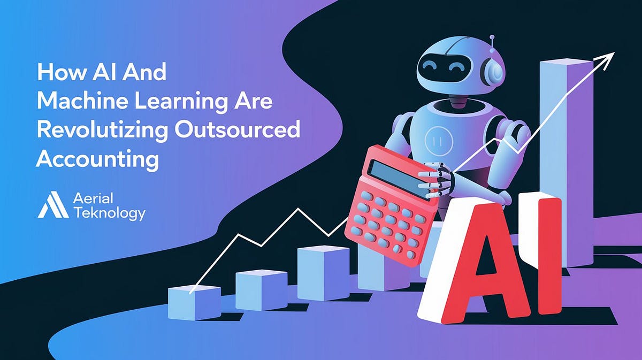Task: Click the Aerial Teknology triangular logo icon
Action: [52, 206]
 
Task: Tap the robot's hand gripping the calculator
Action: [436, 179]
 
